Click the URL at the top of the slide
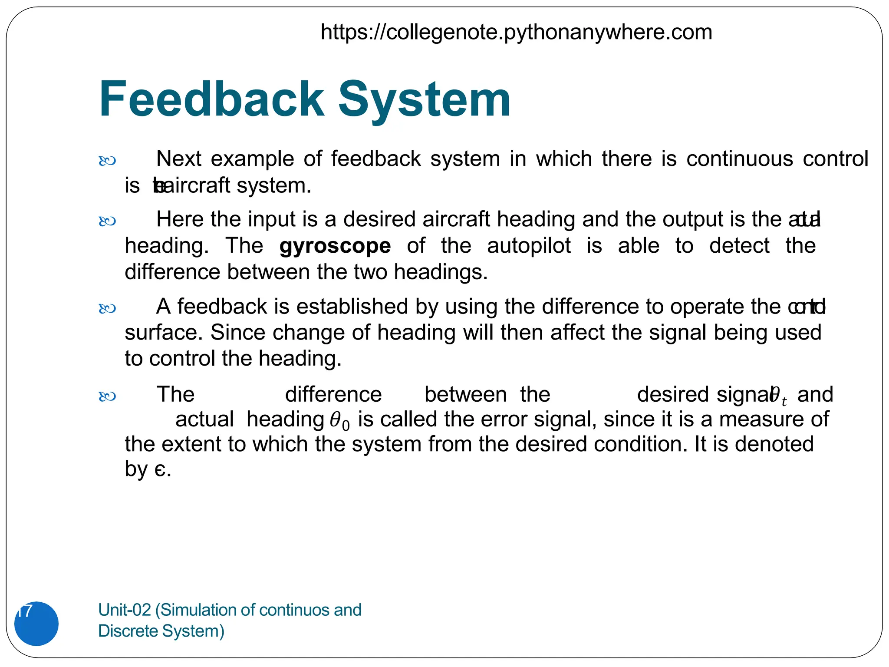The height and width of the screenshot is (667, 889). click(x=516, y=32)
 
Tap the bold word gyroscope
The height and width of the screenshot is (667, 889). click(x=335, y=246)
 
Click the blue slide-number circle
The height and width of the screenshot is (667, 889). click(x=36, y=623)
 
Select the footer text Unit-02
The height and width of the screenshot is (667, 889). click(x=124, y=610)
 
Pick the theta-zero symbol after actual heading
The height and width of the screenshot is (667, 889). click(x=339, y=421)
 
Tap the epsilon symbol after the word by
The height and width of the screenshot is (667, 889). click(x=160, y=469)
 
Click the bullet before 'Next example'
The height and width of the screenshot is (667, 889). click(x=107, y=161)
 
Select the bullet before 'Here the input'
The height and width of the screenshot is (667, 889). click(x=107, y=221)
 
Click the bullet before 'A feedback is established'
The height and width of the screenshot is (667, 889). click(x=107, y=309)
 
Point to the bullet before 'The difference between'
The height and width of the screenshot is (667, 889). click(x=107, y=396)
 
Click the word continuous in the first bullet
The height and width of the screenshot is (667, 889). click(x=739, y=159)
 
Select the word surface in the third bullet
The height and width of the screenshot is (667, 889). click(x=163, y=333)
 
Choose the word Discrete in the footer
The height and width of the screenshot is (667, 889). click(x=128, y=631)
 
